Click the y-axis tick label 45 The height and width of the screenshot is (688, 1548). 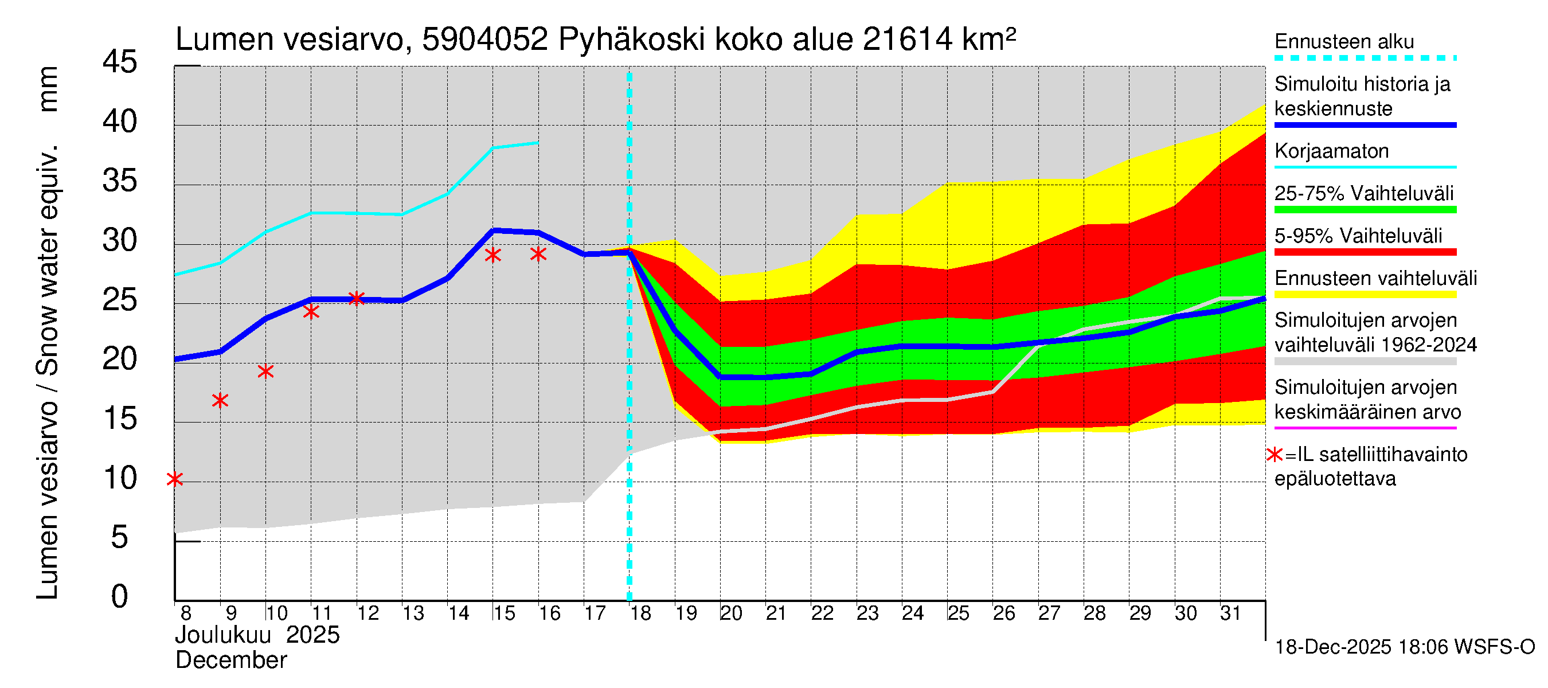[120, 62]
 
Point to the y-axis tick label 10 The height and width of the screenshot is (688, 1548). [120, 479]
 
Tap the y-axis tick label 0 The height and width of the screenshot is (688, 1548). [120, 597]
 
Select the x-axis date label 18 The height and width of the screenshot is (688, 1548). [640, 613]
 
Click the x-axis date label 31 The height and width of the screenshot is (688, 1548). [1230, 613]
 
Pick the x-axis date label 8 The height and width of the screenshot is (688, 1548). [186, 613]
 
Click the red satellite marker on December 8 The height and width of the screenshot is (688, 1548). [175, 479]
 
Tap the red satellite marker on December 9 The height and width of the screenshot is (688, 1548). [220, 401]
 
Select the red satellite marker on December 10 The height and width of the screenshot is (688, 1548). [265, 372]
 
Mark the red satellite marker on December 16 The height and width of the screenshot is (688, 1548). [538, 254]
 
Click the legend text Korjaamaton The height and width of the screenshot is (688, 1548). [1331, 151]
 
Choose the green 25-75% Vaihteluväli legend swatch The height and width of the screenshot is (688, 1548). [1365, 210]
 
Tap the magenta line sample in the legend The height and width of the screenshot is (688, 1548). [1365, 428]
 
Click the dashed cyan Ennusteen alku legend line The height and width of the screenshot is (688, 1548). [1365, 58]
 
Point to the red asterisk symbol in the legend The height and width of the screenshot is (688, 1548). [1274, 455]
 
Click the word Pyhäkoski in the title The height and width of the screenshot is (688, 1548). [632, 40]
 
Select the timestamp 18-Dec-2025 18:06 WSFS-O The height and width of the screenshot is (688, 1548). [1404, 647]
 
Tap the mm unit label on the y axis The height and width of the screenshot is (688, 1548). [48, 89]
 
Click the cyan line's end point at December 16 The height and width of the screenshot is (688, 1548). [538, 143]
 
